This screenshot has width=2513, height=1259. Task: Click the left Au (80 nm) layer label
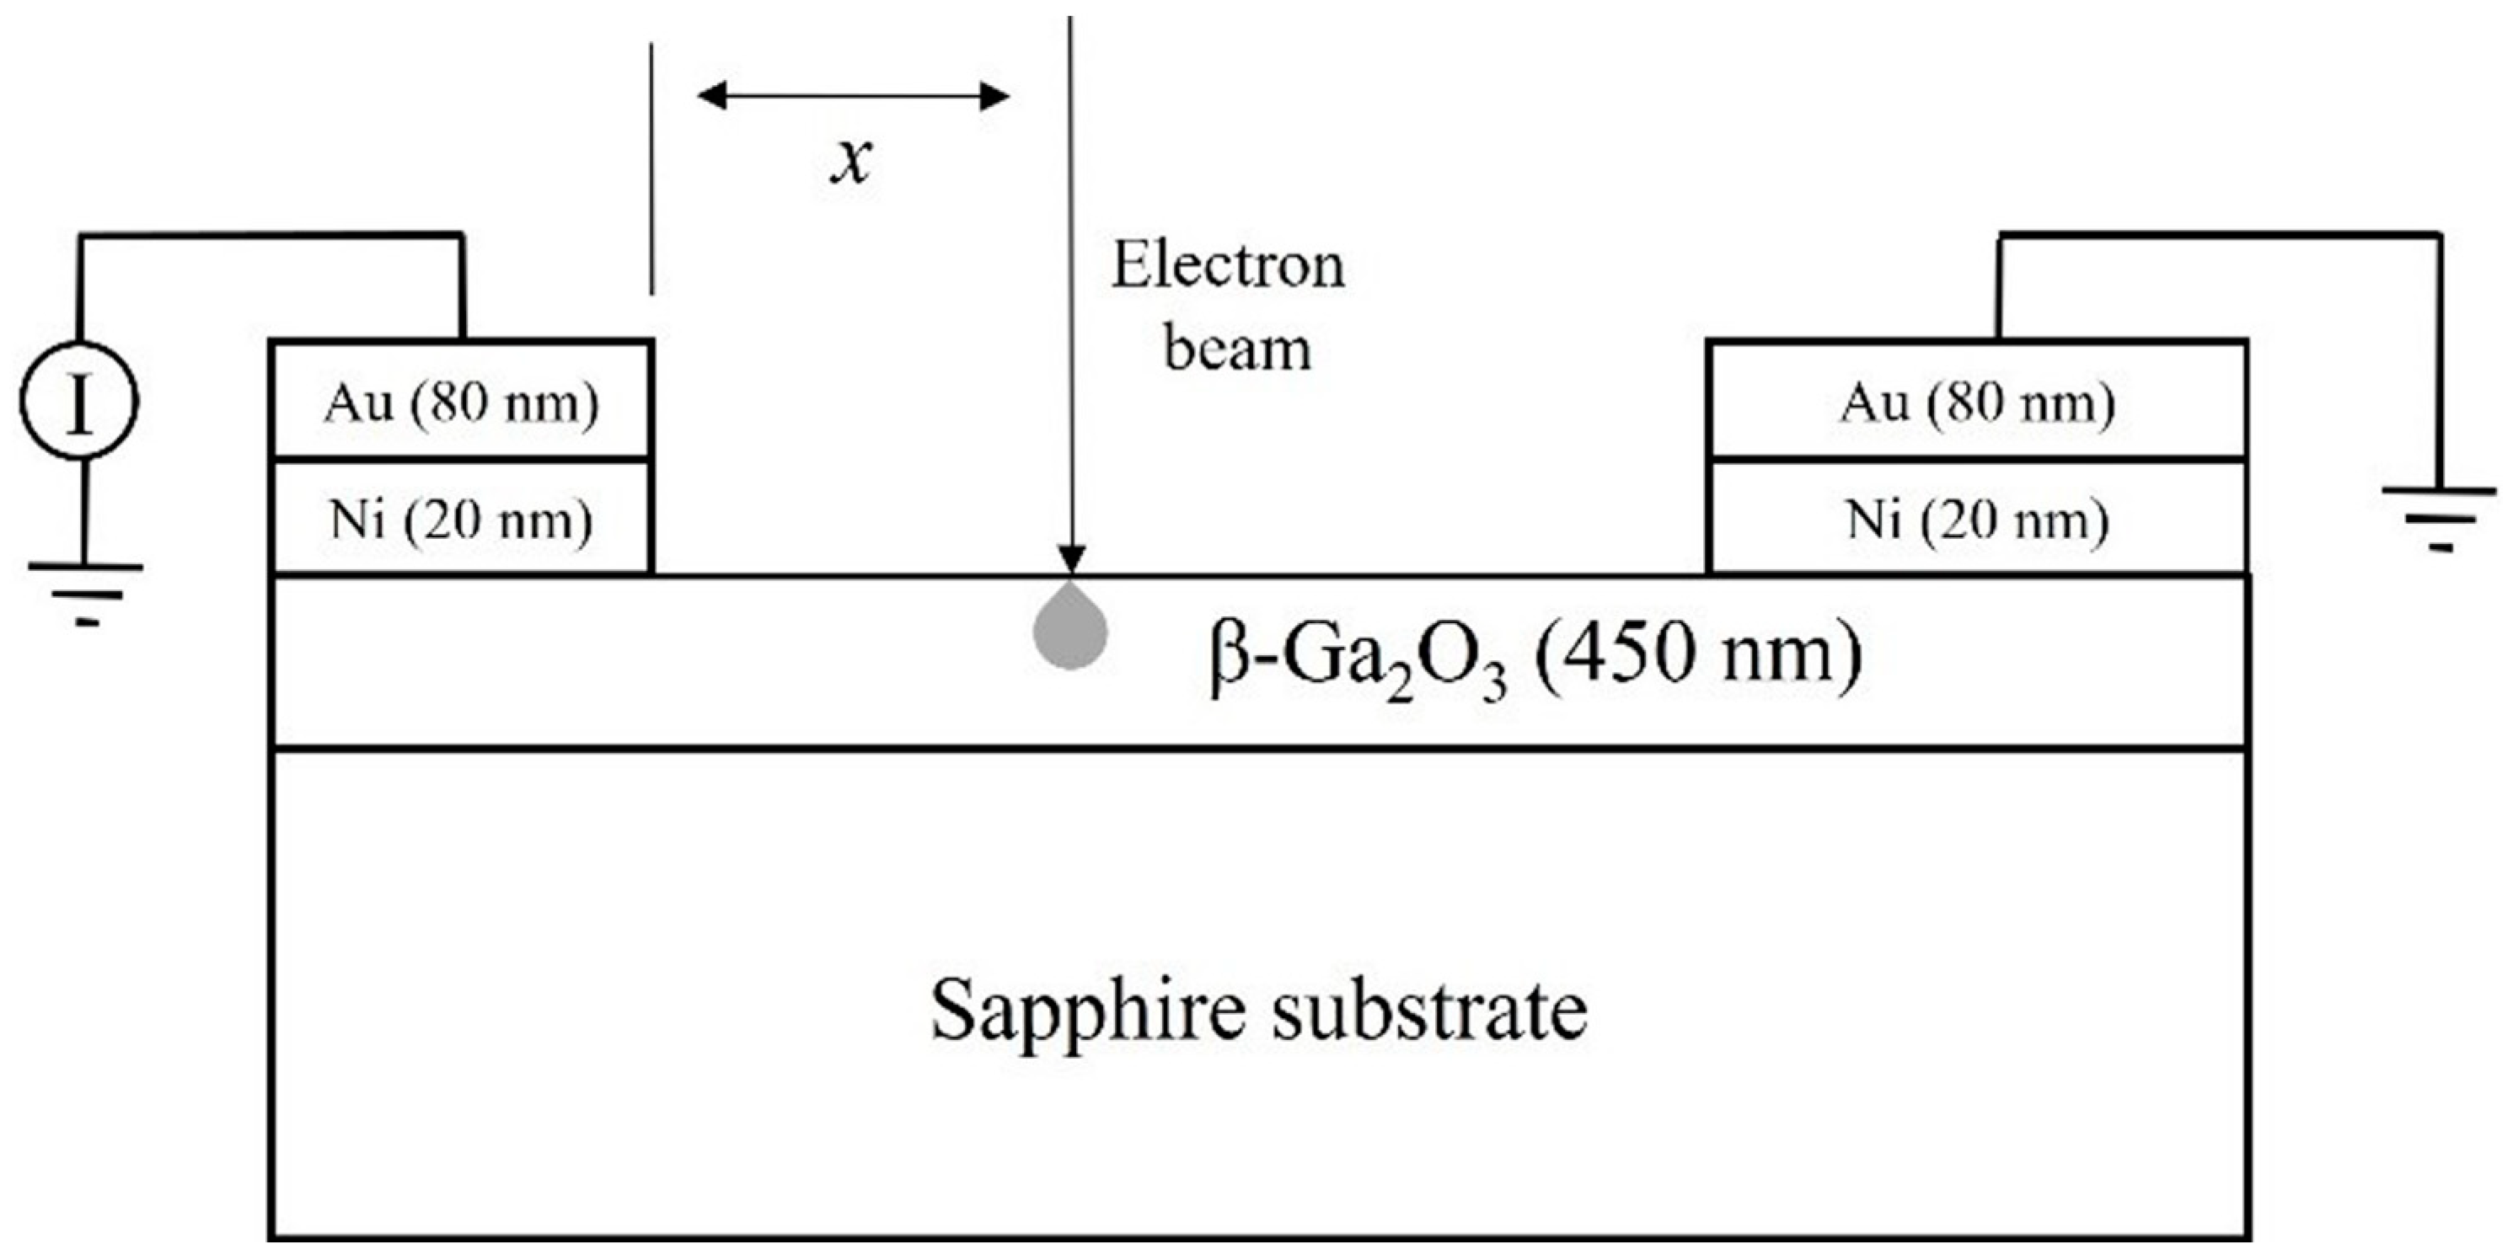pyautogui.click(x=460, y=402)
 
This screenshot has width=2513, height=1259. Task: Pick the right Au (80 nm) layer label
pyautogui.click(x=1976, y=402)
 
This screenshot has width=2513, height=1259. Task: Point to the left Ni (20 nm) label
pyautogui.click(x=460, y=519)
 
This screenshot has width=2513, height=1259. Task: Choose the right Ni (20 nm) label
pyautogui.click(x=1976, y=519)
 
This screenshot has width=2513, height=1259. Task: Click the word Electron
pyautogui.click(x=1228, y=265)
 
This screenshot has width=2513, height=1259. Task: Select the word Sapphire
pyautogui.click(x=1088, y=1011)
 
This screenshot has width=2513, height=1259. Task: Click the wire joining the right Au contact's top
pyautogui.click(x=1998, y=288)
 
